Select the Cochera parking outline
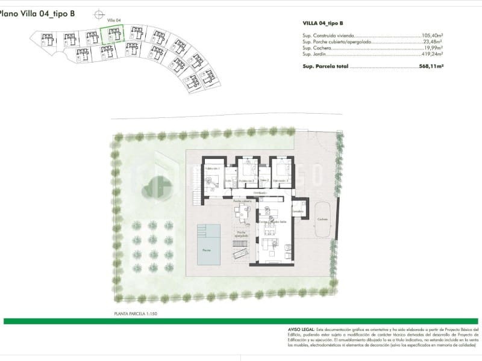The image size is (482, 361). [324, 219]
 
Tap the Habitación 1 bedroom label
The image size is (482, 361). [210, 169]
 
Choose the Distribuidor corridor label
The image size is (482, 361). [260, 193]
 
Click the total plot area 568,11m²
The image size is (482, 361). [431, 67]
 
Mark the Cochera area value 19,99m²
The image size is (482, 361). [434, 48]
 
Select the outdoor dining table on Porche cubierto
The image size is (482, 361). [243, 211]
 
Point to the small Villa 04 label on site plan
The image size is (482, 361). [114, 20]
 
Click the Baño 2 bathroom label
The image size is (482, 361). [264, 179]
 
